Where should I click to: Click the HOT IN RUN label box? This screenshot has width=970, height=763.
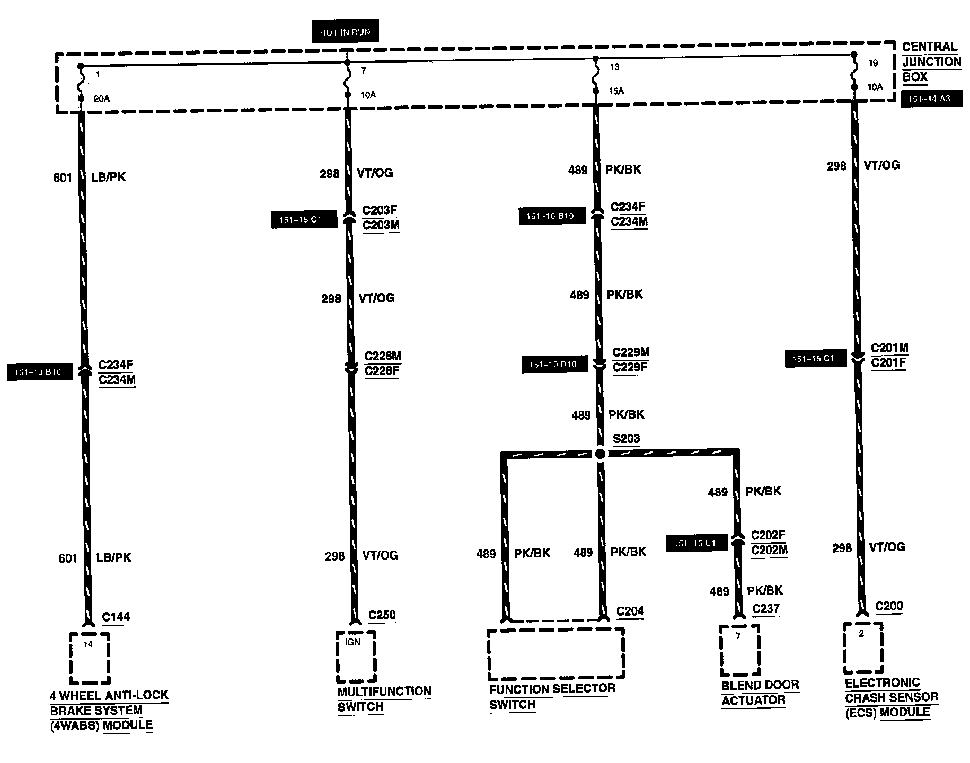(x=345, y=32)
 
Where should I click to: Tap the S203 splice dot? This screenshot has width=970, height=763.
(x=599, y=454)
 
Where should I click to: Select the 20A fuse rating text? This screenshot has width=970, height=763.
(x=101, y=99)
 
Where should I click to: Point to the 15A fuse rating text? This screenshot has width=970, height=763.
(x=616, y=91)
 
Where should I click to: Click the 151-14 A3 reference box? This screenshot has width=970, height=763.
(x=931, y=99)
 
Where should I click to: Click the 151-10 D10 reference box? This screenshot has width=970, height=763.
(x=552, y=365)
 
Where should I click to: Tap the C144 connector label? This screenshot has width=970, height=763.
(x=116, y=617)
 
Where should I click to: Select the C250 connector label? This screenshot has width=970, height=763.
(x=382, y=615)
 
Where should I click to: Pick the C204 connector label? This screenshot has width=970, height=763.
(x=630, y=611)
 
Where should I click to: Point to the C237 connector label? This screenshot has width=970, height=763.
(x=766, y=609)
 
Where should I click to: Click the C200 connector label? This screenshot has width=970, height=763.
(x=889, y=606)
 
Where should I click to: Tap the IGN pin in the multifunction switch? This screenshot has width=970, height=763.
(x=352, y=642)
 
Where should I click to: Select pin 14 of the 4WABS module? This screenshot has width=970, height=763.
(x=88, y=644)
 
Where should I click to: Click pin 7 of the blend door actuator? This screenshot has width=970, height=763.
(x=738, y=636)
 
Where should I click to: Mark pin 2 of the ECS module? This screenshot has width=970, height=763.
(x=861, y=634)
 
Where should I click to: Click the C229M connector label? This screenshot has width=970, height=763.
(x=631, y=352)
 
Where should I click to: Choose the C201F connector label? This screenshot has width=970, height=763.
(x=889, y=363)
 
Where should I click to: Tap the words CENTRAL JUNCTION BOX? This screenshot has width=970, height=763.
(x=931, y=61)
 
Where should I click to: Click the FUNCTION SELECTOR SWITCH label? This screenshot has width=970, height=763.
(x=552, y=696)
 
